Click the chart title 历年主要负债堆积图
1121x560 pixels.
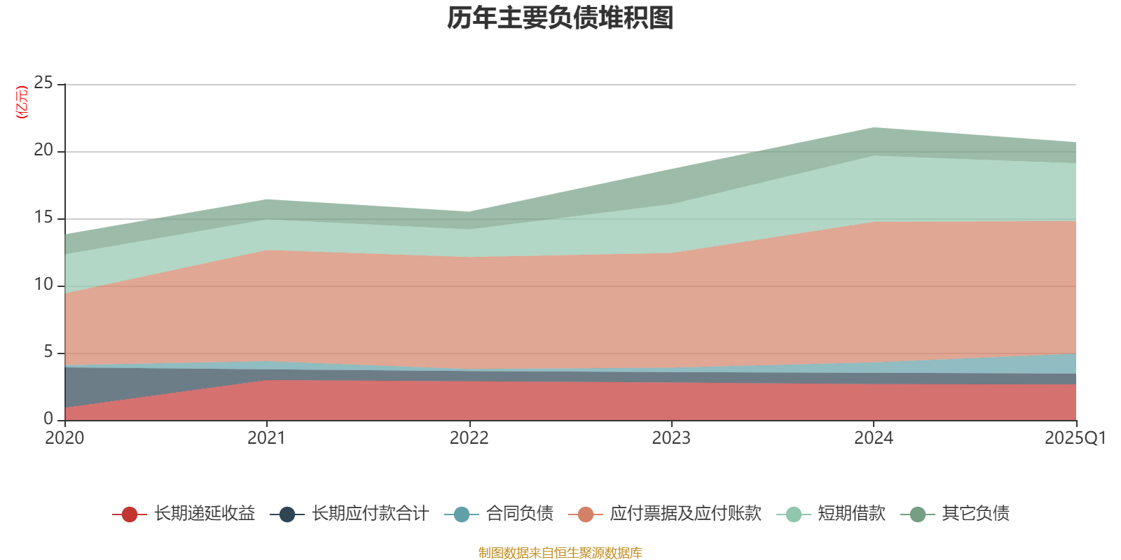pyautogui.click(x=560, y=18)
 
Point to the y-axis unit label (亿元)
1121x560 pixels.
pyautogui.click(x=22, y=102)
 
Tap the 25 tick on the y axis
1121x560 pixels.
pyautogui.click(x=43, y=83)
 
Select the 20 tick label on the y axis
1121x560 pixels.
pyautogui.click(x=43, y=150)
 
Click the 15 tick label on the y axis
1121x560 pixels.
pyautogui.click(x=43, y=218)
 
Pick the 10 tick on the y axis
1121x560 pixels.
pyautogui.click(x=43, y=285)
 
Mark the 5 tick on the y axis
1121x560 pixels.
pyautogui.click(x=48, y=352)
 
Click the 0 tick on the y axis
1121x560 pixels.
pyautogui.click(x=48, y=419)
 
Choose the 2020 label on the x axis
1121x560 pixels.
pyautogui.click(x=64, y=438)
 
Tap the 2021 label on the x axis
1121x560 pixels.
pyautogui.click(x=266, y=438)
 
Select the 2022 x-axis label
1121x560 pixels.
pyautogui.click(x=469, y=438)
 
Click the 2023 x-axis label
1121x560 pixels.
pyautogui.click(x=671, y=438)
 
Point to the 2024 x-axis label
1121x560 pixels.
pyautogui.click(x=873, y=438)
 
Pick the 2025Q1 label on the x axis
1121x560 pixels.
pyautogui.click(x=1075, y=438)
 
